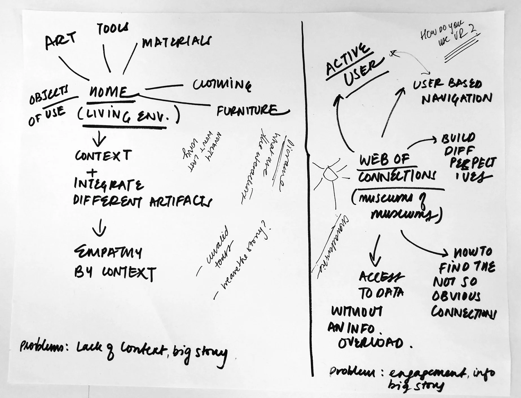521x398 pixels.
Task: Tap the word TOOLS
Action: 113,29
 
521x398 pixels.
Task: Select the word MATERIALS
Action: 176,42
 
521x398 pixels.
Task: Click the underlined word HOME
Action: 109,92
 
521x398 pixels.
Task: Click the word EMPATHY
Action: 108,252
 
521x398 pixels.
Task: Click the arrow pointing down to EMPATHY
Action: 99,230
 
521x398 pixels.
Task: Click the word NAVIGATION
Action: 457,99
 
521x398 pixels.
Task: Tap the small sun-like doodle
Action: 330,174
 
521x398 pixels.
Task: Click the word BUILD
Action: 458,139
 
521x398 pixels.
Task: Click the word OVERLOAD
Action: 371,343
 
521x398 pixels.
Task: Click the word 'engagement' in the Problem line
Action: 426,374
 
